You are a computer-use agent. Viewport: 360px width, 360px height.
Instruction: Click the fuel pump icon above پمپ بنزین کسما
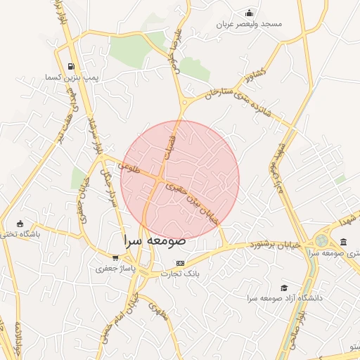pos(70,67)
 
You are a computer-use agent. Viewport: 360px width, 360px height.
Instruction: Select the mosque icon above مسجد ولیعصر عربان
pos(249,13)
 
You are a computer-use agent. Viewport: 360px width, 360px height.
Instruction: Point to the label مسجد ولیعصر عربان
pos(251,24)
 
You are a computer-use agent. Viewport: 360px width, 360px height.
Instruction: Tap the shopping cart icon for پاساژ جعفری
pos(115,258)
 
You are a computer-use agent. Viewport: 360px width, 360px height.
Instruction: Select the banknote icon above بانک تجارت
pos(181,263)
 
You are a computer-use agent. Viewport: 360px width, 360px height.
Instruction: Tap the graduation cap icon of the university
pos(284,288)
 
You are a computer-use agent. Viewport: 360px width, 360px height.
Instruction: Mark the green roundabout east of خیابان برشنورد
pos(321,240)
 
